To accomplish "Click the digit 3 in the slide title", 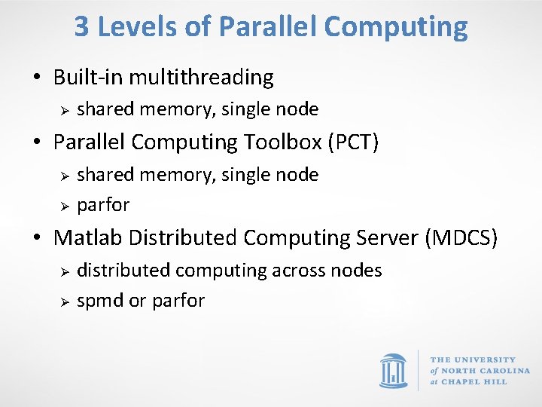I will (82, 27).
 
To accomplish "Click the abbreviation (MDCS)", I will (461, 238).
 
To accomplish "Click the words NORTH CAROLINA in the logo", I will (485, 371).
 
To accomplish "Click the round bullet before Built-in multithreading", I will (37, 78).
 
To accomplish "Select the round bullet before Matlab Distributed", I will (37, 239).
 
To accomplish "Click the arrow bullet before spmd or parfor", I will (65, 301).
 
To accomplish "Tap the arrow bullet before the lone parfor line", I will (65, 206).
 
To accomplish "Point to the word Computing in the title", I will (397, 27).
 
